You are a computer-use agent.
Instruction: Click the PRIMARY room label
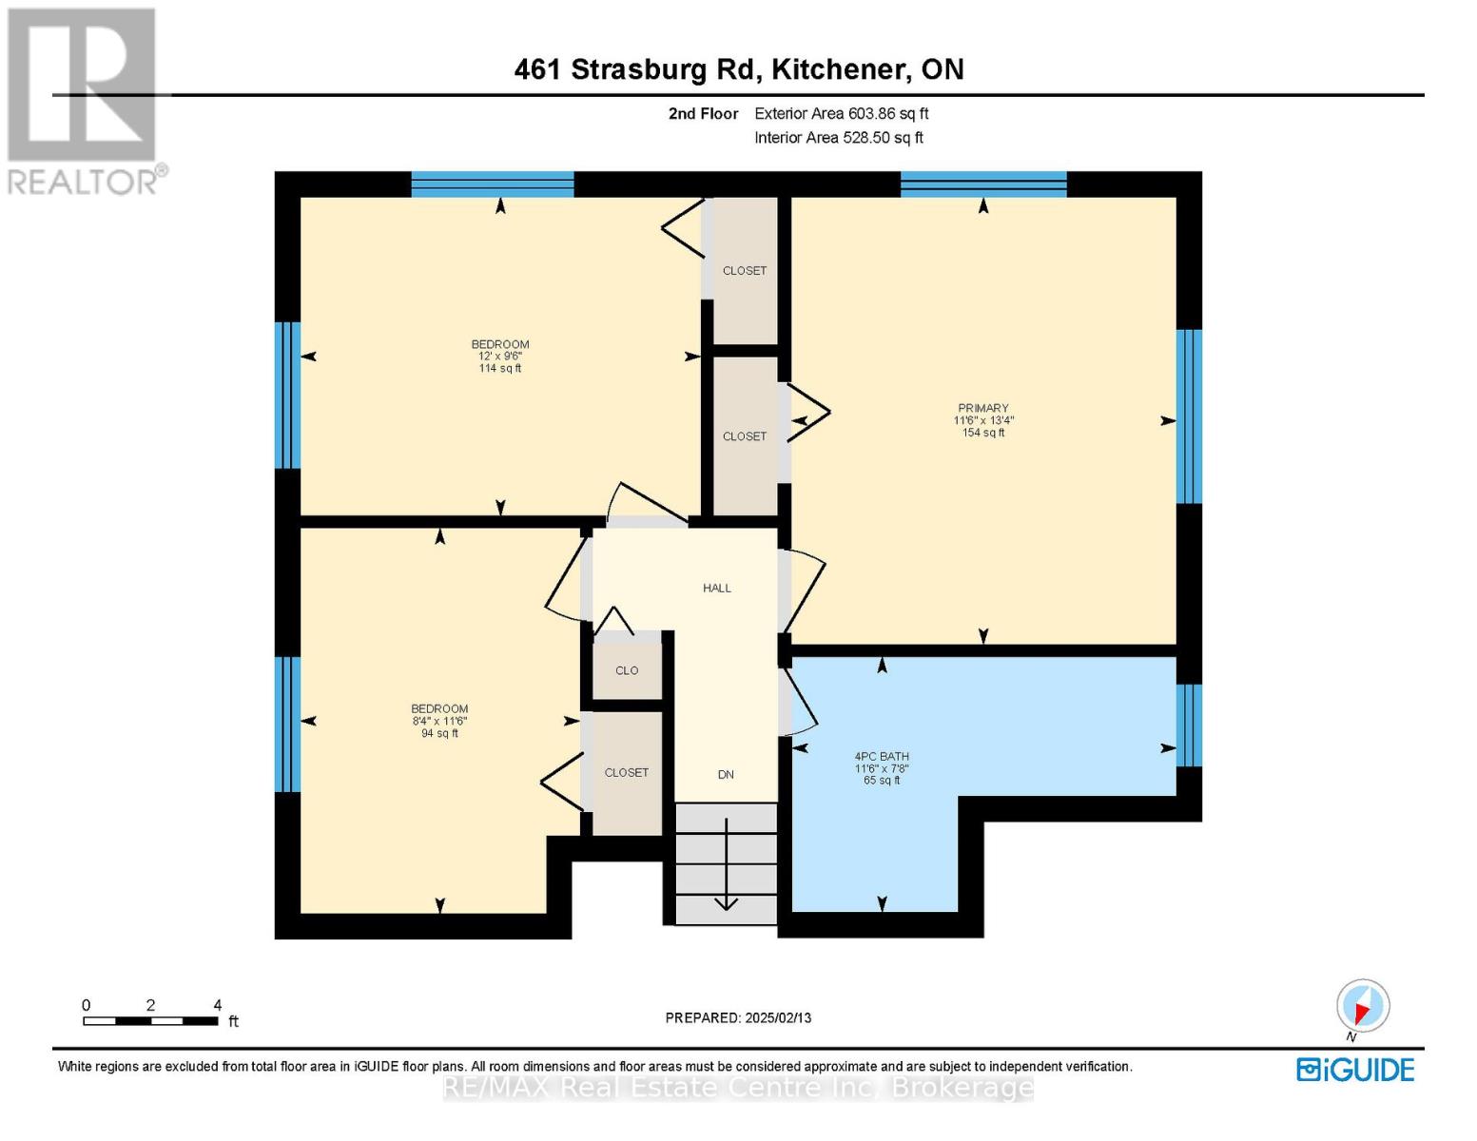pyautogui.click(x=982, y=408)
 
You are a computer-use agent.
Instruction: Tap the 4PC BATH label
pyautogui.click(x=882, y=757)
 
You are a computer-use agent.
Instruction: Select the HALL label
pyautogui.click(x=717, y=589)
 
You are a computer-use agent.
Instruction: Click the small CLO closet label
pyautogui.click(x=627, y=670)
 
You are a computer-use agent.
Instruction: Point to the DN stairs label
pyautogui.click(x=726, y=775)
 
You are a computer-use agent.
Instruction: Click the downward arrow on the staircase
pyautogui.click(x=727, y=865)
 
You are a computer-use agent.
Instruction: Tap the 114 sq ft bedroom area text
pyautogui.click(x=499, y=369)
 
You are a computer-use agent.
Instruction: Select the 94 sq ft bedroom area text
pyautogui.click(x=439, y=733)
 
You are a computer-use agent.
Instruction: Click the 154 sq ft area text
pyautogui.click(x=982, y=433)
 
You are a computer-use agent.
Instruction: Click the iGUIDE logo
pyautogui.click(x=1355, y=1070)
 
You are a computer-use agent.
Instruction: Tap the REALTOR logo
pyautogui.click(x=84, y=100)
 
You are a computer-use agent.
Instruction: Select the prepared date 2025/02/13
pyautogui.click(x=738, y=1017)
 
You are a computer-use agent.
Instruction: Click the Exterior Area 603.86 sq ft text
pyautogui.click(x=841, y=113)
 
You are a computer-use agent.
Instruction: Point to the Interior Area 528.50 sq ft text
pyautogui.click(x=838, y=138)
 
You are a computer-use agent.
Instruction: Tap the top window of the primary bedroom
pyautogui.click(x=983, y=184)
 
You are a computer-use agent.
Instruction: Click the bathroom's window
pyautogui.click(x=1189, y=725)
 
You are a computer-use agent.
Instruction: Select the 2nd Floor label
pyautogui.click(x=703, y=113)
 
